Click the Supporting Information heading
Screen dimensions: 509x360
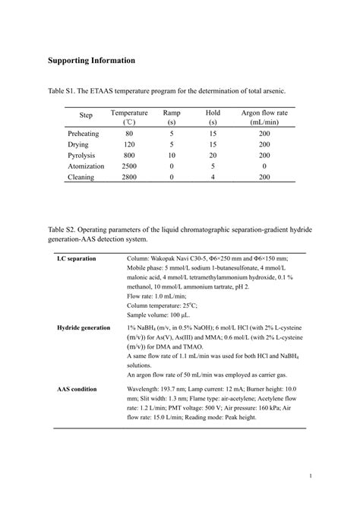click(x=92, y=60)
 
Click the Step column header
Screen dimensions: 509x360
click(x=86, y=116)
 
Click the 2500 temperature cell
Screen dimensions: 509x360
click(x=129, y=166)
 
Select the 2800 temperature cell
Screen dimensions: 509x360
click(x=129, y=177)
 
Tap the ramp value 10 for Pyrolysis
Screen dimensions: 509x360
click(x=172, y=154)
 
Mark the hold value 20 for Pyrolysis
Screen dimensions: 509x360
click(x=213, y=154)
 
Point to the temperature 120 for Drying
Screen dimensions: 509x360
click(x=129, y=144)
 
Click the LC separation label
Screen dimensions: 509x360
click(x=77, y=259)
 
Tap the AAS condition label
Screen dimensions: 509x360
click(x=77, y=389)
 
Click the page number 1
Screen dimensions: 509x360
click(x=311, y=476)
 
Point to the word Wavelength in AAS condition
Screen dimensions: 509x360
click(x=145, y=389)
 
